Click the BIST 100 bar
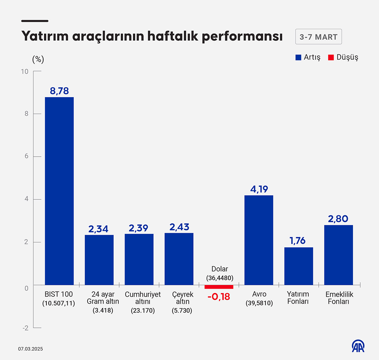[59, 191]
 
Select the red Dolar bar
[219, 287]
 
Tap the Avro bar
[259, 240]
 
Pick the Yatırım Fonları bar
[298, 266]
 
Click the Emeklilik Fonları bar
[338, 255]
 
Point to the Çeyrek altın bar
[179, 259]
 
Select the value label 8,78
[59, 91]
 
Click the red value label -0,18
[219, 297]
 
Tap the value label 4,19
[259, 189]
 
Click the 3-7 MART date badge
[318, 37]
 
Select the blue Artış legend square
[298, 57]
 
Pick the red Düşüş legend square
[331, 57]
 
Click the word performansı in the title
[242, 37]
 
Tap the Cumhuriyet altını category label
[143, 298]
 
